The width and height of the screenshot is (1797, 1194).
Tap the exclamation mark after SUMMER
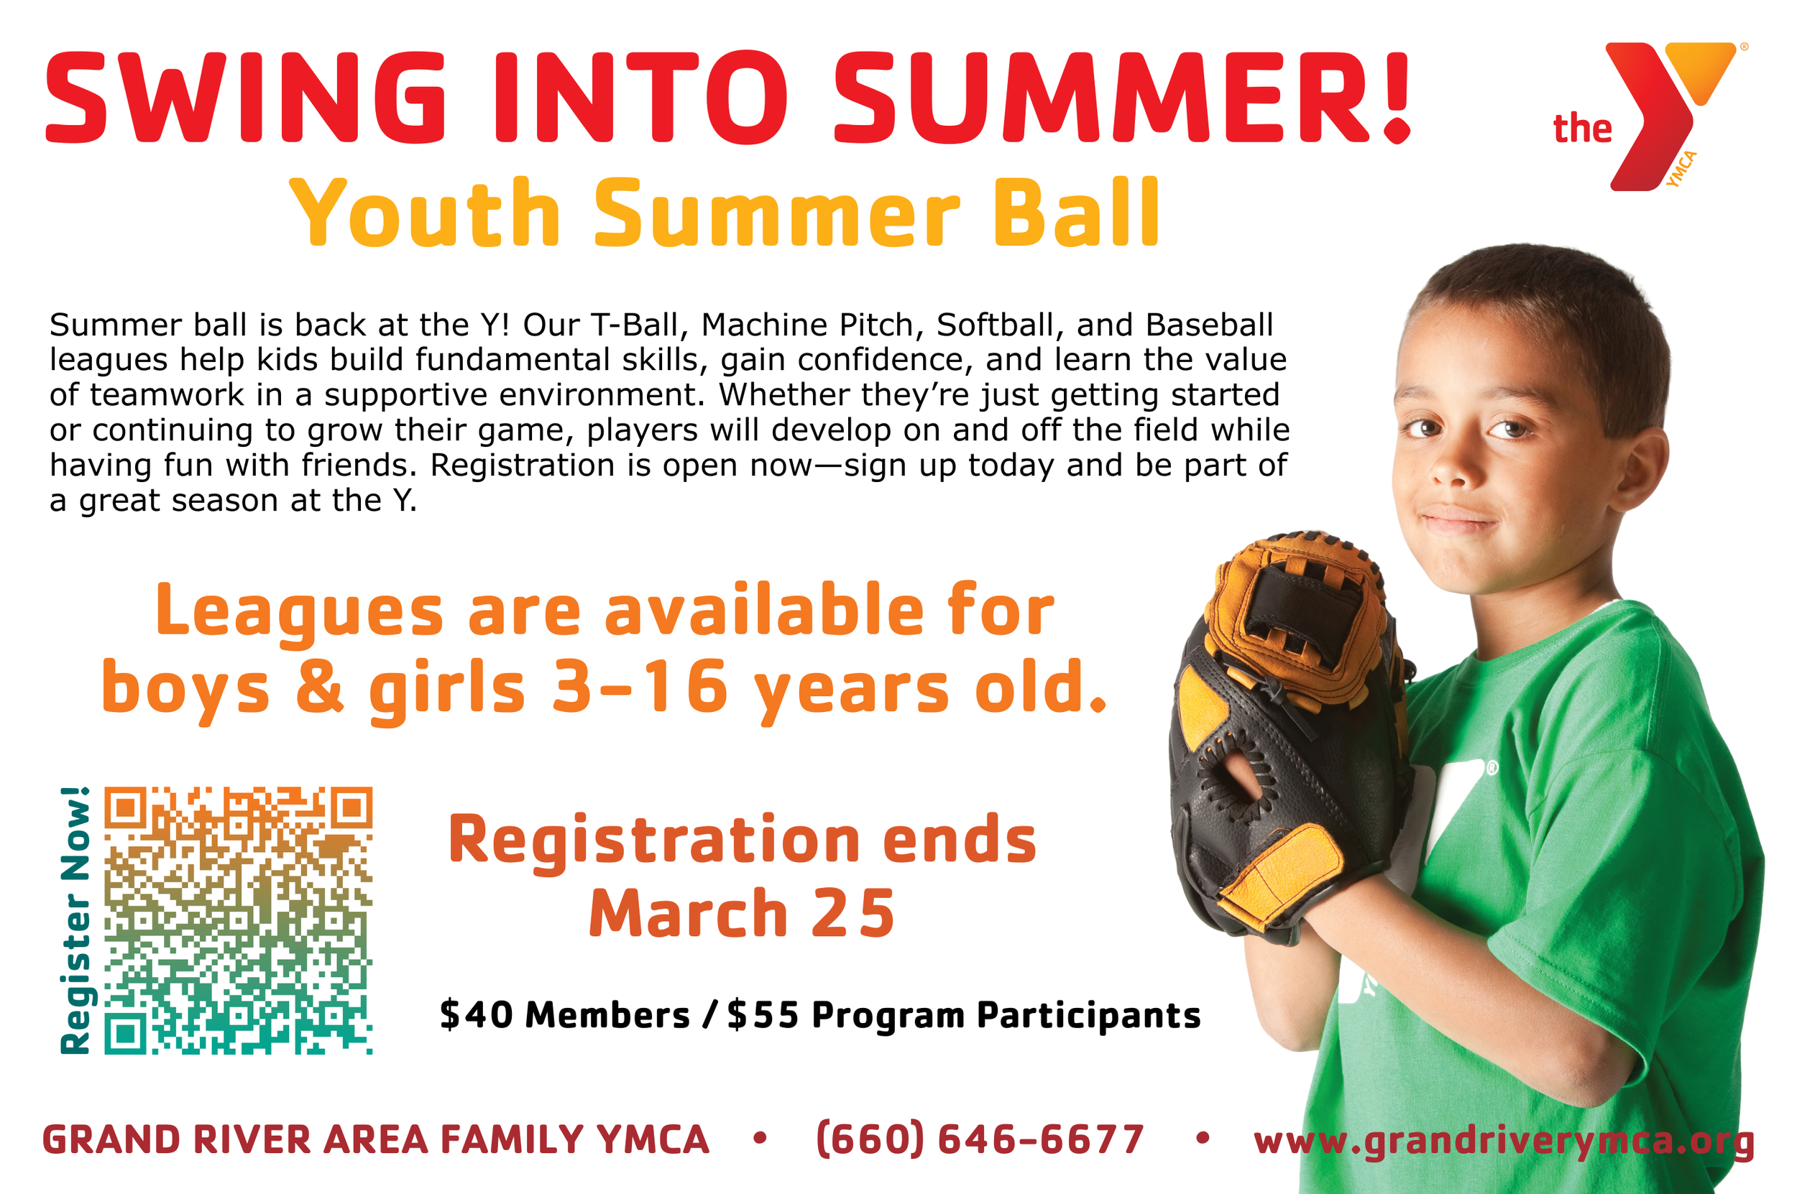[x=1396, y=98]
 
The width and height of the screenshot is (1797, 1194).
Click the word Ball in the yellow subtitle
[x=1075, y=213]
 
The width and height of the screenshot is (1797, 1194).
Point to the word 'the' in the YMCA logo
[x=1582, y=129]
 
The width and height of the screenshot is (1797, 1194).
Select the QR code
[x=239, y=920]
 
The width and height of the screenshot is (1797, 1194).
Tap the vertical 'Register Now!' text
[x=75, y=920]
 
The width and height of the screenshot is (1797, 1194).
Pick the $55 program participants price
[x=763, y=1014]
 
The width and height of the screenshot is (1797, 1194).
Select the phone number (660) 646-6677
[x=980, y=1139]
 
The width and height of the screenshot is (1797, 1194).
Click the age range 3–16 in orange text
[x=640, y=687]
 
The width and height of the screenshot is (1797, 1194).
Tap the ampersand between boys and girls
[x=319, y=687]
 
